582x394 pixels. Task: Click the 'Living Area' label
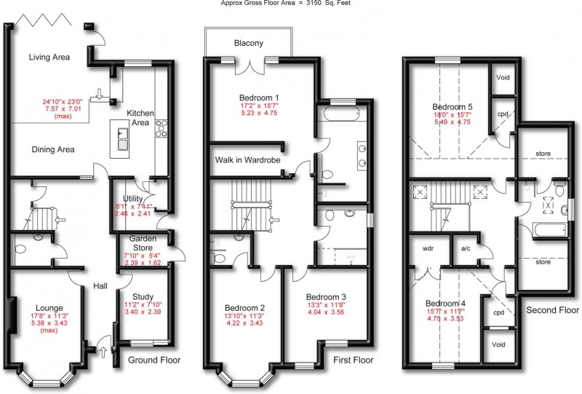(x=53, y=58)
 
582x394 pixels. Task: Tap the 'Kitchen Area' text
(x=140, y=119)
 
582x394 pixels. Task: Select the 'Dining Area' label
(x=53, y=149)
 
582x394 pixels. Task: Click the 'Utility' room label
(x=134, y=198)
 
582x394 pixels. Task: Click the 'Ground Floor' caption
(x=154, y=360)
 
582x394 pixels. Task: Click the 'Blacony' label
(x=248, y=43)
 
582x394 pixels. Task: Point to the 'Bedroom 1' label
(x=259, y=98)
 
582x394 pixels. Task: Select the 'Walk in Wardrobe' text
(x=247, y=159)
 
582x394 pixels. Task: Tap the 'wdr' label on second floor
(x=428, y=248)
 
